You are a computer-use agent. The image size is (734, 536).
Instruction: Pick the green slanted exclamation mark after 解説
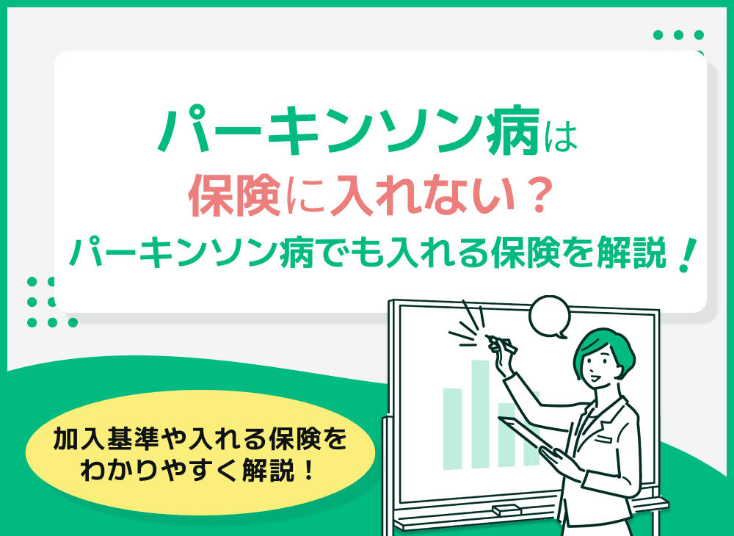(x=686, y=256)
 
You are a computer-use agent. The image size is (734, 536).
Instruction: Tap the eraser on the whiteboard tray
(x=507, y=510)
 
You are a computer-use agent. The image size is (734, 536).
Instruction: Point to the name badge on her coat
(x=603, y=438)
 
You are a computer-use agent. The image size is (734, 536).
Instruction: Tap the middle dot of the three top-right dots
(x=678, y=35)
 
